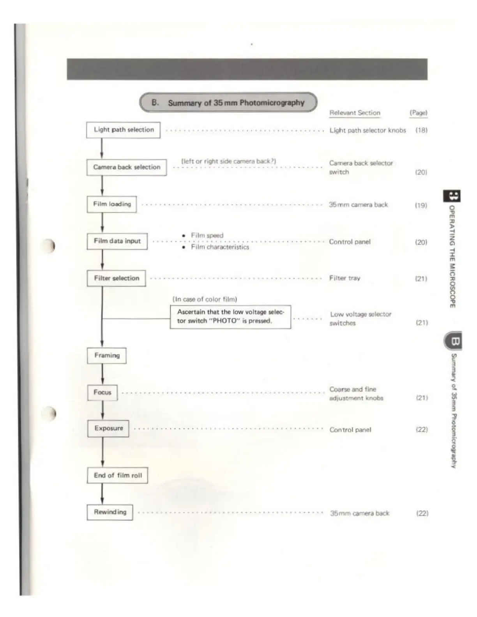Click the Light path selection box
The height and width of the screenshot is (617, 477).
123,130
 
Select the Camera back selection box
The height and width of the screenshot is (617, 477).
127,167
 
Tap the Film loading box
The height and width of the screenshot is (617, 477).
112,204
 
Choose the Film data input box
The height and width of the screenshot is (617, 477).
117,241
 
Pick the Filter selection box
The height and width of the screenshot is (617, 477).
117,278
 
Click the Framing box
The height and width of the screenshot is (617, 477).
107,355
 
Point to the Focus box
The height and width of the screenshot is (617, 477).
102,392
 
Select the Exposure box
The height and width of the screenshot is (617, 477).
108,428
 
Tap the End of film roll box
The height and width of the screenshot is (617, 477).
118,475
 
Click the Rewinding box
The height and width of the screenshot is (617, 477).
110,512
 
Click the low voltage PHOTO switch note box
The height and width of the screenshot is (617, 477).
230,317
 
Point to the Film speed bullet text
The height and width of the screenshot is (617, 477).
207,235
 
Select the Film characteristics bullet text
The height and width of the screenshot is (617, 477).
220,247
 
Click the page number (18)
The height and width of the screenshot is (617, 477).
421,130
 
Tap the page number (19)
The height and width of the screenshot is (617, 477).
421,205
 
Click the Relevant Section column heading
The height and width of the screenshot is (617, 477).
355,113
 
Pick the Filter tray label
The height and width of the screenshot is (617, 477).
345,278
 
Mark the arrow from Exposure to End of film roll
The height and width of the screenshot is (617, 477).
102,452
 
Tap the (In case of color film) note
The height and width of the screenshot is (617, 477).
205,299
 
